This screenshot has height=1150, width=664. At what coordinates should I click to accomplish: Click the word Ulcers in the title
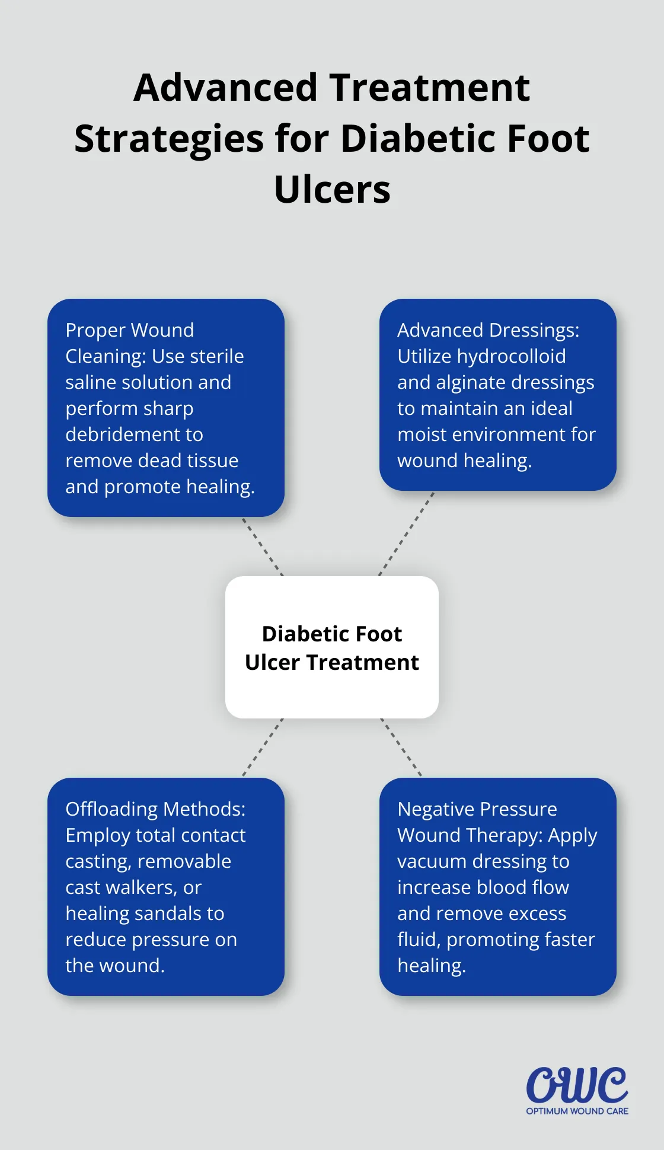(332, 190)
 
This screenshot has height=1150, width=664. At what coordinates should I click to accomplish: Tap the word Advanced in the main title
(226, 88)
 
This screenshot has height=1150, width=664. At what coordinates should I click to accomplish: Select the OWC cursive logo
(576, 1085)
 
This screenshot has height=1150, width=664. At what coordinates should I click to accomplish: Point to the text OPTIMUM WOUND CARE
(577, 1111)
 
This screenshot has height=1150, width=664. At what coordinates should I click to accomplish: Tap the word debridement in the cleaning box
(134, 435)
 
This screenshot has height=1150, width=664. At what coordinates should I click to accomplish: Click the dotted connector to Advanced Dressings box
(407, 534)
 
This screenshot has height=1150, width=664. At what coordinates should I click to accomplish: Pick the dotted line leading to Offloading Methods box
(263, 747)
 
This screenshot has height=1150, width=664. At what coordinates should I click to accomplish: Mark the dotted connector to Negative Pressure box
(401, 747)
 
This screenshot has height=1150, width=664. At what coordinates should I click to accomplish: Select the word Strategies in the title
(169, 139)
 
